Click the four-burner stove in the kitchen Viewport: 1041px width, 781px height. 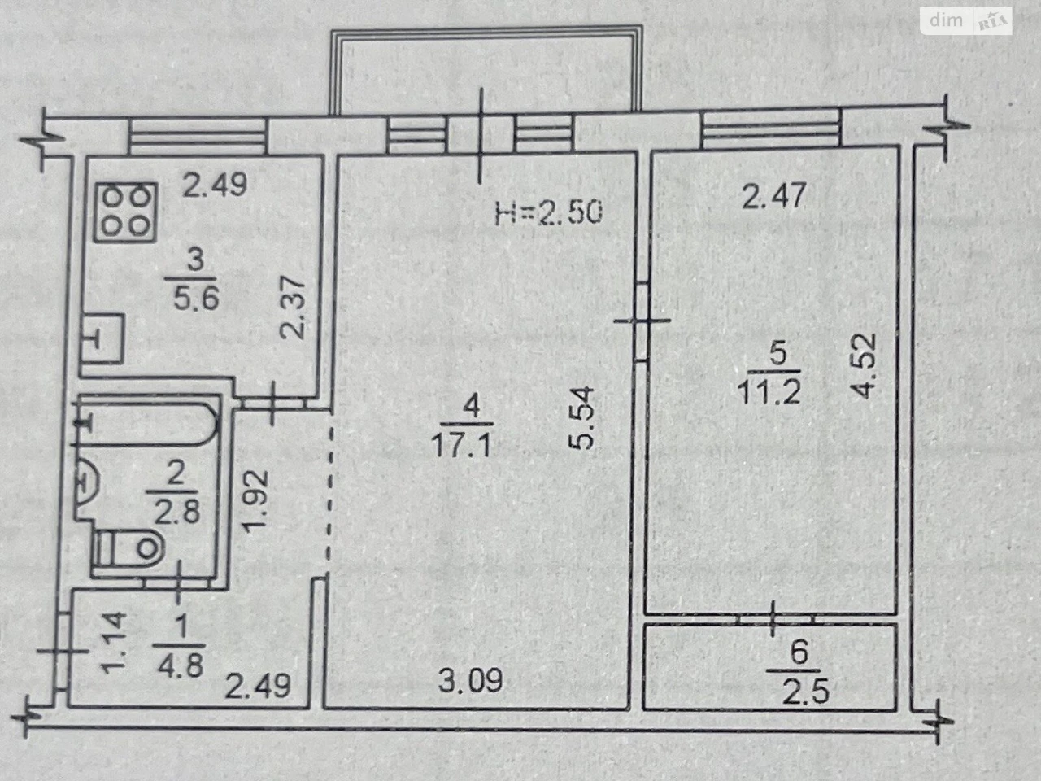[x=125, y=212]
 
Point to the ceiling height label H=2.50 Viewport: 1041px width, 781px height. [x=548, y=212]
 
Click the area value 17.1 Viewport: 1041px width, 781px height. [x=460, y=446]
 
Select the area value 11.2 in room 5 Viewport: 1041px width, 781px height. [x=769, y=391]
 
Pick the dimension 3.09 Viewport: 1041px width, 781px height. [x=470, y=680]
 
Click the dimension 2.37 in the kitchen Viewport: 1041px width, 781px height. [x=291, y=308]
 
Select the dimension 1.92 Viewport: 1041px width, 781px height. [x=258, y=501]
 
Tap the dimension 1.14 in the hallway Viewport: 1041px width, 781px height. [x=115, y=643]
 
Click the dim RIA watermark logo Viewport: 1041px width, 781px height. [x=966, y=21]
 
